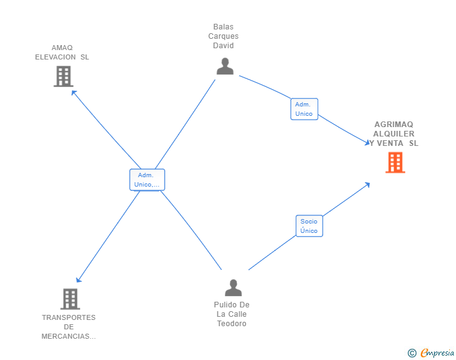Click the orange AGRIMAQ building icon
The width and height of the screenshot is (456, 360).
click(395, 163)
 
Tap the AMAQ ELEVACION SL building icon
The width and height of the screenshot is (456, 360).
click(63, 76)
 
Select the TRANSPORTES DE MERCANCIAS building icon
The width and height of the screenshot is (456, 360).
click(70, 299)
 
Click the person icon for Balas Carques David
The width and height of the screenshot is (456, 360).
click(224, 66)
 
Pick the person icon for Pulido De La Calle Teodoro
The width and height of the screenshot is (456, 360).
click(233, 288)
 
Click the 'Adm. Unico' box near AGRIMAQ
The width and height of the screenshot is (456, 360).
click(304, 109)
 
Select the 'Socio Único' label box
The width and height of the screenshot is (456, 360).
click(309, 226)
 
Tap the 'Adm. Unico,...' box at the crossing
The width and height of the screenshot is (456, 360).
click(147, 180)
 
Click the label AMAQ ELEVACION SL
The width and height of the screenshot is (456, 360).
click(62, 52)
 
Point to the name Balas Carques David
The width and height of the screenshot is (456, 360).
click(224, 36)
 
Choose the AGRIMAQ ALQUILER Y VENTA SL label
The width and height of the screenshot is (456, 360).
click(394, 133)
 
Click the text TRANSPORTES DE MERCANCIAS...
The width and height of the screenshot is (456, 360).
click(69, 327)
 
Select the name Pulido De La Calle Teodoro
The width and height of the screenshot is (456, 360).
click(232, 314)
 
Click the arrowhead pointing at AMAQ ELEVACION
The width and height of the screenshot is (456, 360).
click(74, 93)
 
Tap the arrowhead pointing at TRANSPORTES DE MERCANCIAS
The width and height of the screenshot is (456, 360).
click(78, 280)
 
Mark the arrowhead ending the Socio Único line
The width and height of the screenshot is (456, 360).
click(368, 184)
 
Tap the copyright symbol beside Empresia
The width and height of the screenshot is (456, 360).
click(412, 353)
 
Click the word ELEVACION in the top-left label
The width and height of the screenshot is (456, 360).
click(56, 57)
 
